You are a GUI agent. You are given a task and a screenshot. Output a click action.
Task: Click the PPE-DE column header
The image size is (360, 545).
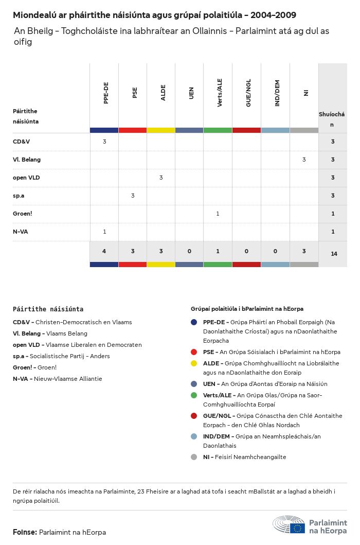[105, 93]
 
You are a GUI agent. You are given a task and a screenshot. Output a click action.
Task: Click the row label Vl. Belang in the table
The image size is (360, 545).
[27, 160]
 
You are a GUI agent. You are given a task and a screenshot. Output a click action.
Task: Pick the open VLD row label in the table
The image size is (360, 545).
[26, 178]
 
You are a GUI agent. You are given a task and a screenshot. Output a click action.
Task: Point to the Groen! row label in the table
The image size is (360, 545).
[23, 214]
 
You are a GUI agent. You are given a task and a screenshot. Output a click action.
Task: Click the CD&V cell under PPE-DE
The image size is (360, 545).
[104, 142]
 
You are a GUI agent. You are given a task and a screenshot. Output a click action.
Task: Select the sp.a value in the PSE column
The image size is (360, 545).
[133, 196]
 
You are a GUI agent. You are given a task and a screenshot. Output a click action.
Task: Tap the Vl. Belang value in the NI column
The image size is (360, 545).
[304, 160]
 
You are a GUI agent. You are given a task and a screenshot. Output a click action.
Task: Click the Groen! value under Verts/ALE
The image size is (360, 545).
[218, 214]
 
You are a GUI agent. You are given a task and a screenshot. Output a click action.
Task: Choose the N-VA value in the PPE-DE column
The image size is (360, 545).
[104, 232]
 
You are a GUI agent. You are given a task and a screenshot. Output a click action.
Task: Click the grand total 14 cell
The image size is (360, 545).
[334, 254]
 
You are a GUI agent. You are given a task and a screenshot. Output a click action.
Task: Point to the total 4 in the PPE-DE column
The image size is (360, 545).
[104, 251]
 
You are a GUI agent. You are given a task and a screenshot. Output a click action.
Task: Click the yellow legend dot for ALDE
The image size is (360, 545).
[194, 363]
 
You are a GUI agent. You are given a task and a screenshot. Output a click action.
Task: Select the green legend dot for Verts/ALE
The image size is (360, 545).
[194, 395]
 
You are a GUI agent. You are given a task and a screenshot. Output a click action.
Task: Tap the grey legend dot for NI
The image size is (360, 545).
[194, 457]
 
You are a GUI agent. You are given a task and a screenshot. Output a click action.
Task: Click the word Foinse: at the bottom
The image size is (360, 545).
[25, 532]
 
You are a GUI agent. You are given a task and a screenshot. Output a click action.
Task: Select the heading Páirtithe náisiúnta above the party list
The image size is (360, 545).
[48, 309]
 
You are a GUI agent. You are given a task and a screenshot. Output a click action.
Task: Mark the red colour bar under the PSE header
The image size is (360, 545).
[133, 130]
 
